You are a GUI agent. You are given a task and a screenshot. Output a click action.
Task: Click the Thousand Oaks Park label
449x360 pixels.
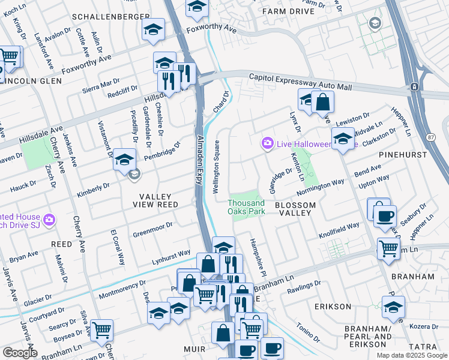pyautogui.click(x=246, y=207)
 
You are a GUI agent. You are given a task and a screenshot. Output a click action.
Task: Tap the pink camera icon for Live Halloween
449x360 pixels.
pyautogui.click(x=267, y=143)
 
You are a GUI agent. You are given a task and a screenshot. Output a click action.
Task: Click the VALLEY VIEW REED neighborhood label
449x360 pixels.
pyautogui.click(x=156, y=201)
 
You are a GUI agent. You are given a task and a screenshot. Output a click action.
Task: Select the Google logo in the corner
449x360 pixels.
pyautogui.click(x=20, y=353)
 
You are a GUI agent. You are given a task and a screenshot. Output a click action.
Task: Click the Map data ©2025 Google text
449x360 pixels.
pyautogui.click(x=411, y=355)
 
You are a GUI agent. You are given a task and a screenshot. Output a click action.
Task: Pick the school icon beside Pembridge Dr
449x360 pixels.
pyautogui.click(x=124, y=159)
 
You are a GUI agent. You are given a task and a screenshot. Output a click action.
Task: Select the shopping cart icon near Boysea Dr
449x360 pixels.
pyautogui.click(x=101, y=329)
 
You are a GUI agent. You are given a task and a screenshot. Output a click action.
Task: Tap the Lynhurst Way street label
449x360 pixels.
pyautogui.click(x=171, y=256)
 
